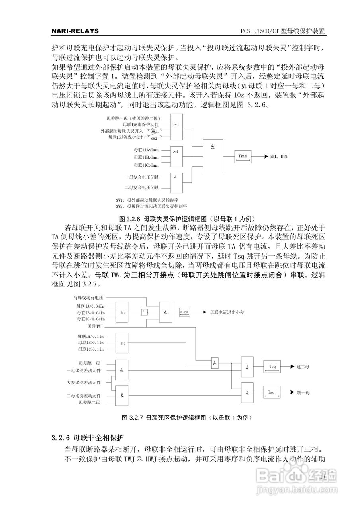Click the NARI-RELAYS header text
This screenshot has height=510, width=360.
(75, 31)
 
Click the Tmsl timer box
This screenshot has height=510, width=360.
(243, 157)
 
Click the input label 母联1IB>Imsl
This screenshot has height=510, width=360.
(147, 157)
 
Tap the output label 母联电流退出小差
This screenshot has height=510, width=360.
(227, 312)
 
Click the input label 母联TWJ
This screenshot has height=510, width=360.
(95, 326)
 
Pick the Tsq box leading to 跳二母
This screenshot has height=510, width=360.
(272, 366)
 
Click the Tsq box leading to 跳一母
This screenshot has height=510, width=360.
(272, 392)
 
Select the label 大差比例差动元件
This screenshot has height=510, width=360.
(84, 382)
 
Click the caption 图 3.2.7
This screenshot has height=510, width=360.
(187, 418)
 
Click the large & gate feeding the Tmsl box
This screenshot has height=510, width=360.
(213, 156)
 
